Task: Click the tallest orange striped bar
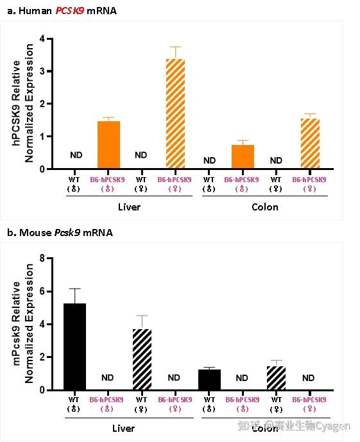tap(175, 114)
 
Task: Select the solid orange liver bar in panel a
tap(108, 145)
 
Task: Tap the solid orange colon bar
tap(243, 157)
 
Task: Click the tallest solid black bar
tap(74, 346)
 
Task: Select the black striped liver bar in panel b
tap(142, 359)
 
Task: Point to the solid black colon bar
tap(209, 379)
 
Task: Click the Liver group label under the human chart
tap(129, 207)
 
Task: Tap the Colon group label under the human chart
tap(264, 207)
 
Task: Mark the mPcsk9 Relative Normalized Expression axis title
tap(23, 324)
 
